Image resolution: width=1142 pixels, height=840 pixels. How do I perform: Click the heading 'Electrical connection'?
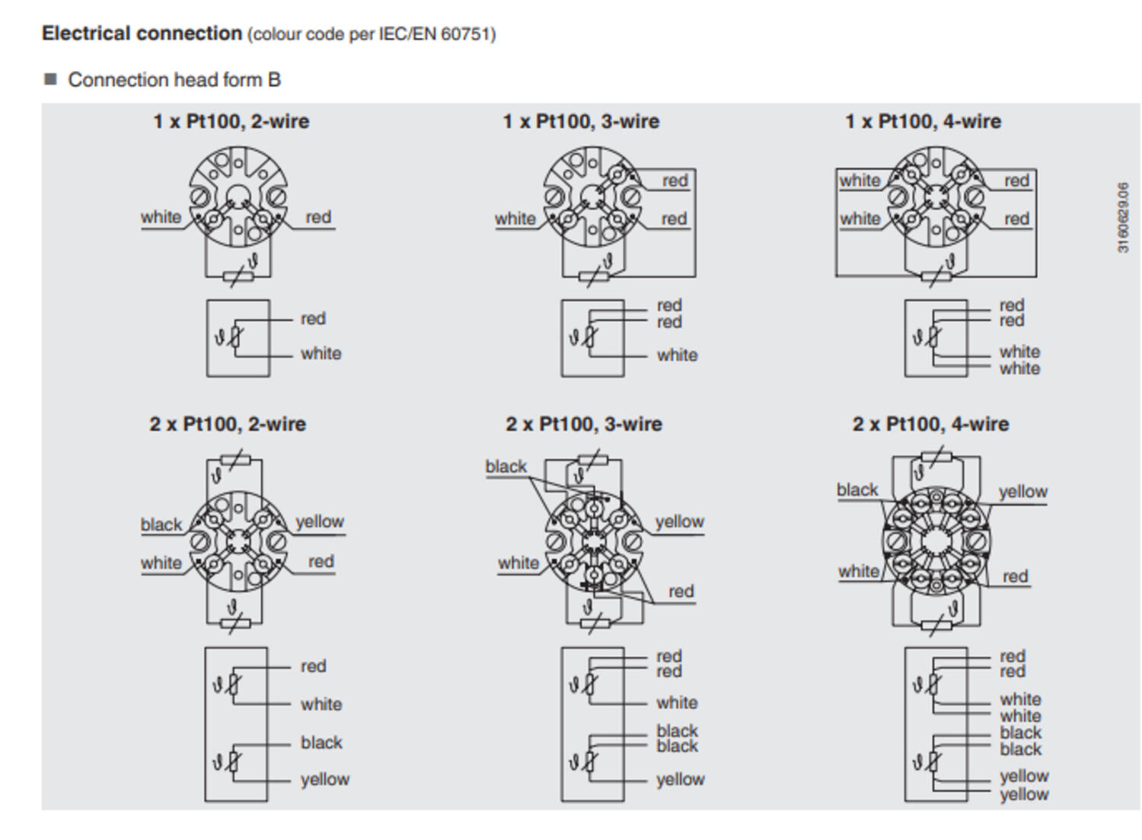[142, 34]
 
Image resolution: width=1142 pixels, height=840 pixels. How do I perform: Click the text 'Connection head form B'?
[174, 80]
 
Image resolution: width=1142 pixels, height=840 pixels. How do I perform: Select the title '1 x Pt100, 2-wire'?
[231, 122]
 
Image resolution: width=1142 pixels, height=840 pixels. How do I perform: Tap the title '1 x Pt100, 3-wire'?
[581, 122]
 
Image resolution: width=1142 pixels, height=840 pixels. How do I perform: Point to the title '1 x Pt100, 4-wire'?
[923, 122]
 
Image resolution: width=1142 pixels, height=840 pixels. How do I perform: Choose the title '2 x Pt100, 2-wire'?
[228, 424]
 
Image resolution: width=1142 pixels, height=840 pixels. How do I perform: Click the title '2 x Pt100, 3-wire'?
[584, 424]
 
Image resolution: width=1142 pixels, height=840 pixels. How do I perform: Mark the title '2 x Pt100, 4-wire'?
[930, 424]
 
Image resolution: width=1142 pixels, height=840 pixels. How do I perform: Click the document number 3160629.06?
[1123, 217]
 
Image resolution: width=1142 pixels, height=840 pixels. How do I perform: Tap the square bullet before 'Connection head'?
[51, 79]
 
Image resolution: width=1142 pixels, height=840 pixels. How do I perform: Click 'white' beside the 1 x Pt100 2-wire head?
[161, 217]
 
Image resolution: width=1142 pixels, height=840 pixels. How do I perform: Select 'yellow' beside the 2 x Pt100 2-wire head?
[320, 522]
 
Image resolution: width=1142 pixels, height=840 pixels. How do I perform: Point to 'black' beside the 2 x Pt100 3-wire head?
[506, 466]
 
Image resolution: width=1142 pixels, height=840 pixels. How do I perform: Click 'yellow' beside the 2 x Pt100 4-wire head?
[1022, 491]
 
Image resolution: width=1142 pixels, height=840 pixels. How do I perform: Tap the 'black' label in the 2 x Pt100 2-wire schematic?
[321, 743]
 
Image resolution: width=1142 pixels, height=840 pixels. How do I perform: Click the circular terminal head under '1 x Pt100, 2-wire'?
[238, 196]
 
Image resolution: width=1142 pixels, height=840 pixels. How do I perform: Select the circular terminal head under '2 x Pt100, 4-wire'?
[936, 542]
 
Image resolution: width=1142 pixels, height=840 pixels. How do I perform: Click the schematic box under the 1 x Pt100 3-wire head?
[592, 338]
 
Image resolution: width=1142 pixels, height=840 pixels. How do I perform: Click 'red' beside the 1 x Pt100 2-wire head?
[318, 217]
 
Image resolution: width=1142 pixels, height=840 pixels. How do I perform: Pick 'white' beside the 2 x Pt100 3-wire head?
[518, 563]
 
